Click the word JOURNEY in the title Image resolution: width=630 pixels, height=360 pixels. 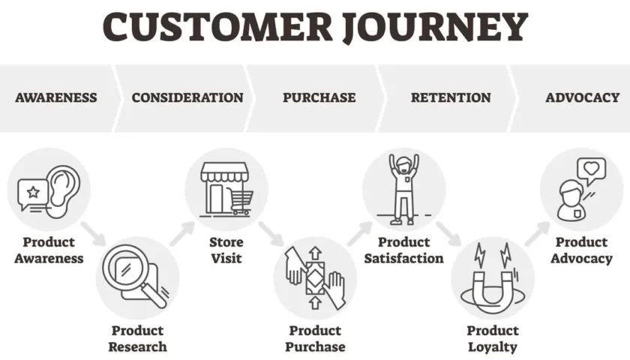tap(435, 27)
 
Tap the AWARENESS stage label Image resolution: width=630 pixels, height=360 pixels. tap(56, 97)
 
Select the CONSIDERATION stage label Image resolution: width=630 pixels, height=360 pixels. tap(187, 97)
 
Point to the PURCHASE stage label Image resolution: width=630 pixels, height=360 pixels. tap(319, 97)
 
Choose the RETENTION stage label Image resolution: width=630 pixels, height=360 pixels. tap(451, 97)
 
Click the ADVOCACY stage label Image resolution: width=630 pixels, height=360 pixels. tap(583, 97)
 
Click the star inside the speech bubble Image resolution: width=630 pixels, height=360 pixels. tap(33, 192)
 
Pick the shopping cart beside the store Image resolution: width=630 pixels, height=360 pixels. tap(240, 202)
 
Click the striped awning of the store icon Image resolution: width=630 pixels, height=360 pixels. tap(224, 172)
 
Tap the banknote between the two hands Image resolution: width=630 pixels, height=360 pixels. tap(315, 278)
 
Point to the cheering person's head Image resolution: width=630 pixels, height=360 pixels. tap(403, 164)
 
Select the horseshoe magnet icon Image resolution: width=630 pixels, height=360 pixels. tap(493, 289)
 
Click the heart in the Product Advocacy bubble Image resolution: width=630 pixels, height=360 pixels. tap(592, 168)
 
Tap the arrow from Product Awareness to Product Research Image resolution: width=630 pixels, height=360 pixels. tap(93, 234)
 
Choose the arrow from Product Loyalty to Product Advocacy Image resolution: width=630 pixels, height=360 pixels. tap(537, 233)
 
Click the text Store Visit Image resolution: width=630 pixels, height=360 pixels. tap(226, 250)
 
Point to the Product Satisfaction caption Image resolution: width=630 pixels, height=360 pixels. tap(403, 250)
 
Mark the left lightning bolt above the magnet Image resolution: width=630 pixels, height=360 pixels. tap(480, 255)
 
